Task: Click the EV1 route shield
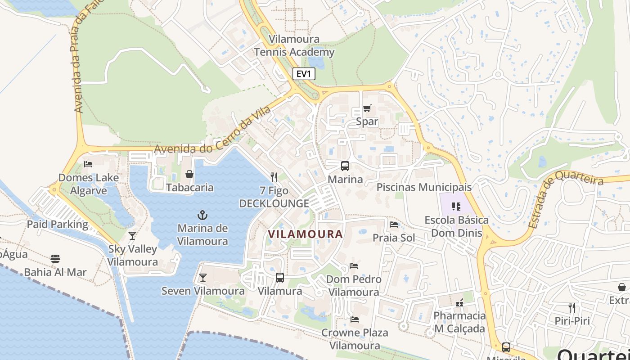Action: coord(304,74)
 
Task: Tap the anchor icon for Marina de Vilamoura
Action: coord(202,215)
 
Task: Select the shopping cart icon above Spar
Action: coord(367,108)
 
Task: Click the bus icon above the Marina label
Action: coord(345,166)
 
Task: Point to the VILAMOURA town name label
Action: coord(306,234)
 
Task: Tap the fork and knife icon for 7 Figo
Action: coord(274,177)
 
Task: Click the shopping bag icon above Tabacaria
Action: coord(189,174)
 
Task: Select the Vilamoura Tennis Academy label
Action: coord(294,45)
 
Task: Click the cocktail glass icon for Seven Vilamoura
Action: coord(203,278)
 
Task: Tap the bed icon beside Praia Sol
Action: coord(394,225)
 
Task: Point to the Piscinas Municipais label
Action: coord(424,187)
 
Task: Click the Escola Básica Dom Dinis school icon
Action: coord(456,207)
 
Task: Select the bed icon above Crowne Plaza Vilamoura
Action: coord(355,319)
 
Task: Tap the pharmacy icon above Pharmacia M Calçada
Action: coord(459,303)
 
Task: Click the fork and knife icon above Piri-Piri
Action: coord(572,308)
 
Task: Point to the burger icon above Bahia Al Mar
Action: coord(55,259)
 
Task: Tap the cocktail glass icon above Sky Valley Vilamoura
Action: coord(132,235)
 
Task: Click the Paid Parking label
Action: coord(58,224)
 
